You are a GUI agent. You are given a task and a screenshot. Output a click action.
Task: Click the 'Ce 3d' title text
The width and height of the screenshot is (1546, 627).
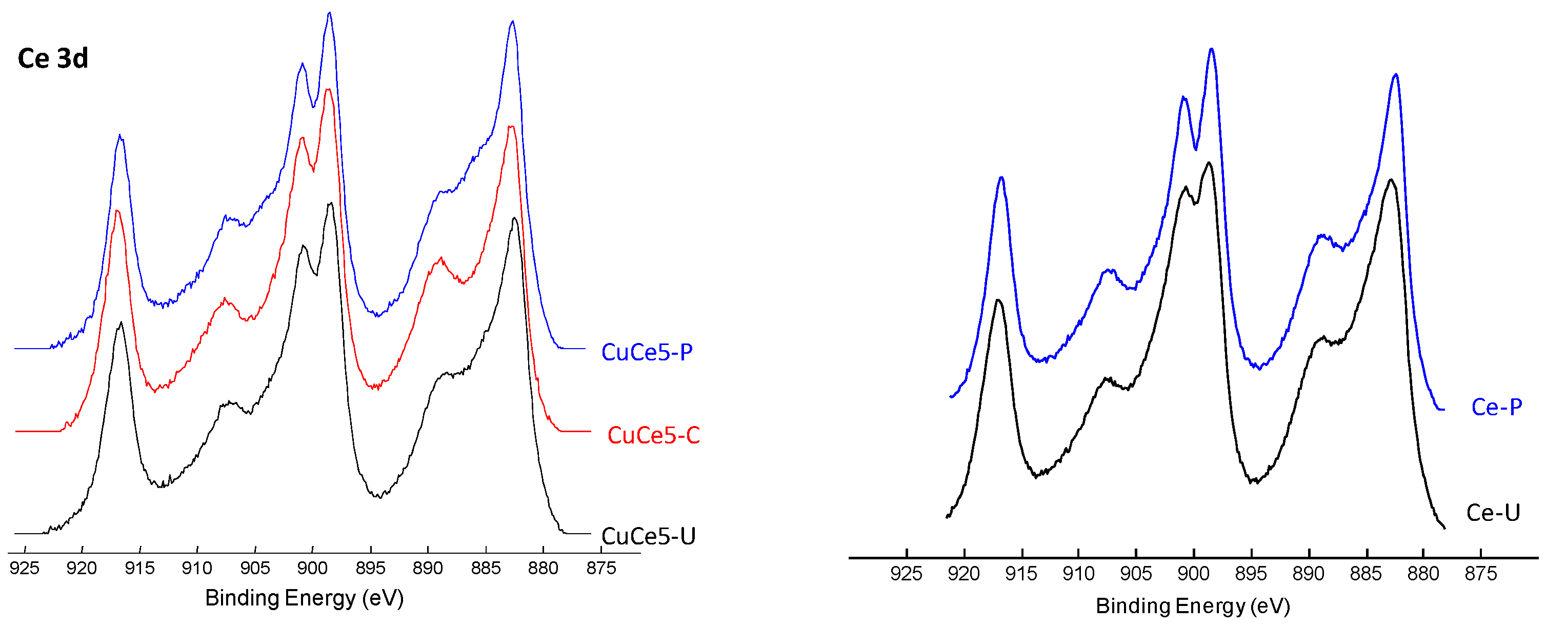[x=53, y=58]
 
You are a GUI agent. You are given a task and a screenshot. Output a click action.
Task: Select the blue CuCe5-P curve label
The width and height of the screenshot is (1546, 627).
[x=647, y=352]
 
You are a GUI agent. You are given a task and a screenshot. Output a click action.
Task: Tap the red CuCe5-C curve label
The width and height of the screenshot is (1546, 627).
[x=654, y=435]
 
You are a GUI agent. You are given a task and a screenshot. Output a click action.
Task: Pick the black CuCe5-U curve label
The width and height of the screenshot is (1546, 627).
[x=648, y=536]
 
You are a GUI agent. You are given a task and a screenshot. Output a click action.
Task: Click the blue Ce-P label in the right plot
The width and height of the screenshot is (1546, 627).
[x=1496, y=407]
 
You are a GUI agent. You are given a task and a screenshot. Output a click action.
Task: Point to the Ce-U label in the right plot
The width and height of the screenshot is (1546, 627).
[x=1493, y=512]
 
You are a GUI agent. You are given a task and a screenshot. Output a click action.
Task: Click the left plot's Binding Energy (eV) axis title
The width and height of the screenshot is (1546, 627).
[x=304, y=598]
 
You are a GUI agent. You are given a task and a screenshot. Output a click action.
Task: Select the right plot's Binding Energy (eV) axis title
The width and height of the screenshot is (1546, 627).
[x=1193, y=605]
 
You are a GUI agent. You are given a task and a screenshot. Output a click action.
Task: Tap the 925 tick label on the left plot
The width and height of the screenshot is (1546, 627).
[x=25, y=568]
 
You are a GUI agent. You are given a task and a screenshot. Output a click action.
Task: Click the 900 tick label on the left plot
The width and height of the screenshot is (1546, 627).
[x=313, y=568]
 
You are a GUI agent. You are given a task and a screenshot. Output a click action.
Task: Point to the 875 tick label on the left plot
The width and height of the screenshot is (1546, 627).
[x=601, y=568]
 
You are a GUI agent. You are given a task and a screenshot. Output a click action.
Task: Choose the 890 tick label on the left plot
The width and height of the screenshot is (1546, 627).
[x=428, y=568]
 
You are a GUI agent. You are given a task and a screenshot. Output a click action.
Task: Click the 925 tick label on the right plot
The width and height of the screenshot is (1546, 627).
[x=906, y=574]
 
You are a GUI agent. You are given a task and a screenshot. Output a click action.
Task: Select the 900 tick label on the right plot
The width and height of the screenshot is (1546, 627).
[x=1193, y=574]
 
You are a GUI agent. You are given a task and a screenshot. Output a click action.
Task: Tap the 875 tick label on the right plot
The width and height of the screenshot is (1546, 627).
[x=1480, y=574]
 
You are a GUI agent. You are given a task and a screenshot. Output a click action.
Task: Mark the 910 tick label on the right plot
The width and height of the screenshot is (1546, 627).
[x=1078, y=574]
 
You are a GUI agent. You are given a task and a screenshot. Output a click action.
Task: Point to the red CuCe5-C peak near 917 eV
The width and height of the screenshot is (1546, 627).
[x=117, y=211]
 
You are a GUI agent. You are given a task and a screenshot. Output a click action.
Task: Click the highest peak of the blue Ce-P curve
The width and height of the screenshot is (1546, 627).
[x=1211, y=49]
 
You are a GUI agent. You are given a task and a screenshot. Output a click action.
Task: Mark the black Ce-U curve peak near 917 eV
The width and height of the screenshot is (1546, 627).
[x=997, y=300]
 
